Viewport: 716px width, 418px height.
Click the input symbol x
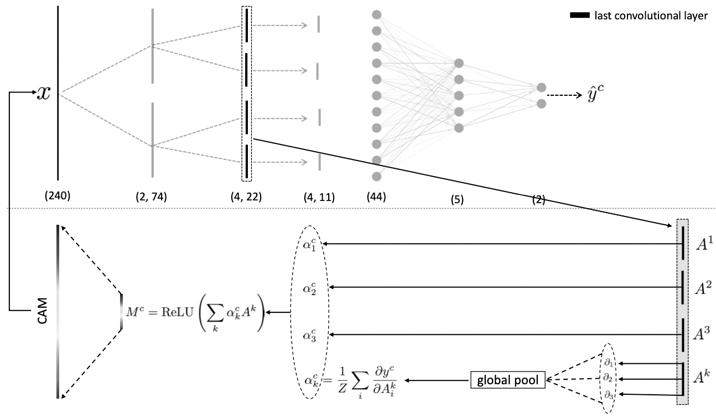click(x=43, y=93)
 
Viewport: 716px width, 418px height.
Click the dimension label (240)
click(x=58, y=195)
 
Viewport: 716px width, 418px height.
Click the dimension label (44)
click(x=376, y=195)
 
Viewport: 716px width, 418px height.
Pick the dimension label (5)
click(x=457, y=200)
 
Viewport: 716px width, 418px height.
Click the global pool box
click(x=508, y=379)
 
